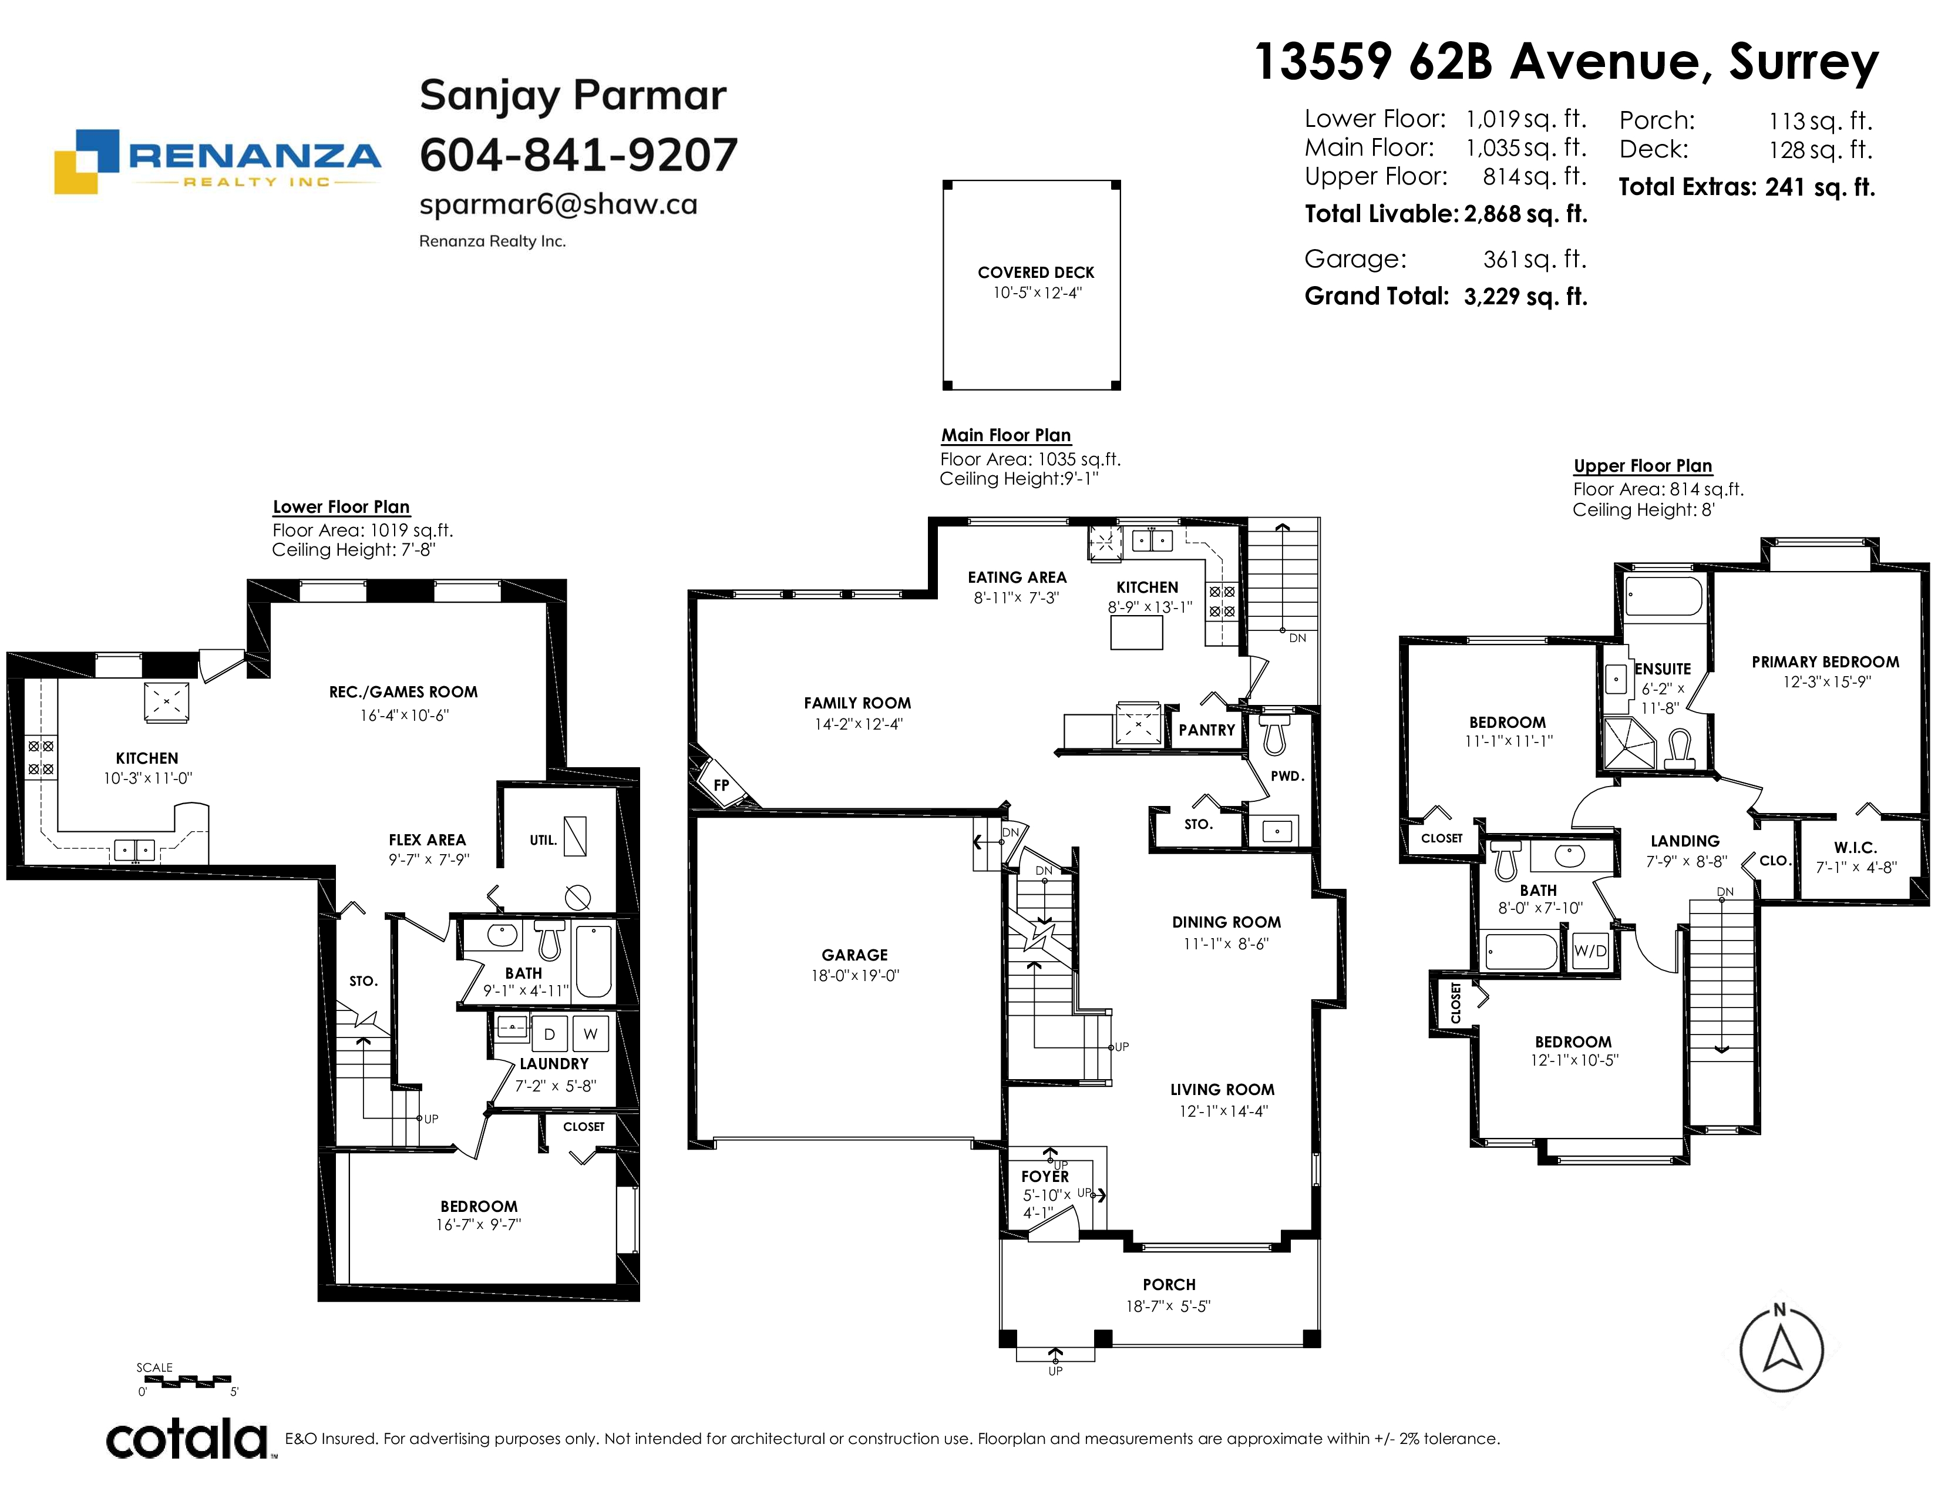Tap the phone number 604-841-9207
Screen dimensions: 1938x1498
click(578, 155)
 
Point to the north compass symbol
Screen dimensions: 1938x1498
click(1781, 1349)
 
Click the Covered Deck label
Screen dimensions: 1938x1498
click(1035, 273)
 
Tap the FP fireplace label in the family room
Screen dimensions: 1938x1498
click(721, 784)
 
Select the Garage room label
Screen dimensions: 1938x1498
click(854, 955)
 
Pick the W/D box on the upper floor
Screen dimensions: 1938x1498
click(1590, 951)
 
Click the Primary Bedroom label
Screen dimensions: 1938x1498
click(1825, 662)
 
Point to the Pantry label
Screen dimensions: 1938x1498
click(1207, 730)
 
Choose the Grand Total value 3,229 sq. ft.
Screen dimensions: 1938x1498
click(1525, 297)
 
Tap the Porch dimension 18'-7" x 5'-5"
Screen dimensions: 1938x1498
click(1169, 1306)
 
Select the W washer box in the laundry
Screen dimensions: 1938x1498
click(590, 1034)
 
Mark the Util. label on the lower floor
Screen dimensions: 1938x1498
click(543, 839)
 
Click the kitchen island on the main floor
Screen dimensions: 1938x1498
click(1137, 633)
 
